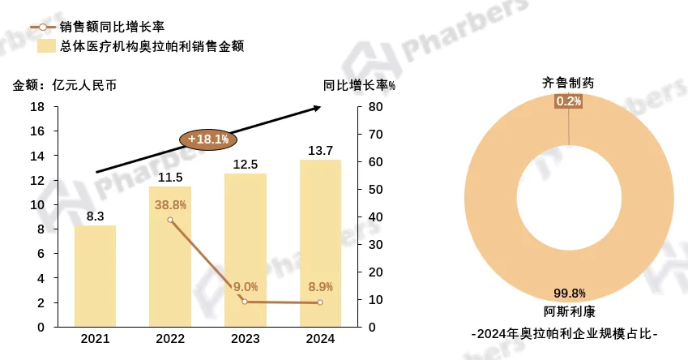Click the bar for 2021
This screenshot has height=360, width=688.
(x=95, y=276)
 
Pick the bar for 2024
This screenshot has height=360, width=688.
(x=320, y=243)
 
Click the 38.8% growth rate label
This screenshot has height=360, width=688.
(x=170, y=205)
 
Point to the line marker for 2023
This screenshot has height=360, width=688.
(x=245, y=302)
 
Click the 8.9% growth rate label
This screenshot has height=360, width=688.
(x=321, y=286)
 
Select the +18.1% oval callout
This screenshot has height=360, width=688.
(x=208, y=139)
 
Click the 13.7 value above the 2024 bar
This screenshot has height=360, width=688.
(x=320, y=150)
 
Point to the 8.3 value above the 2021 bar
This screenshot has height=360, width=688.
(x=95, y=216)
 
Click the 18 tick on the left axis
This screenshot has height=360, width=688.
(x=37, y=107)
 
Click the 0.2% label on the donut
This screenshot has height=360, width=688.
(x=568, y=101)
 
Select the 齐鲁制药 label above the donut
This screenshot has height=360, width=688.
(x=568, y=84)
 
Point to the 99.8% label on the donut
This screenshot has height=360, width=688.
(x=568, y=294)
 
